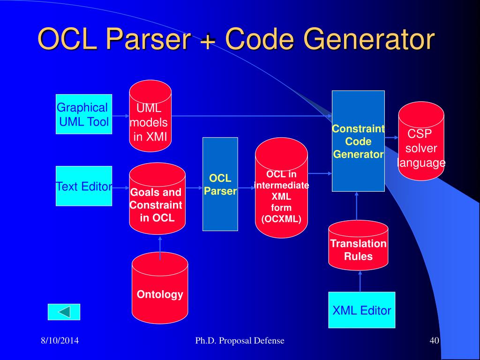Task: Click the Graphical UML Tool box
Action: (x=84, y=114)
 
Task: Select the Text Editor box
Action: (x=84, y=186)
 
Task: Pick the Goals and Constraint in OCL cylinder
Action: (x=157, y=199)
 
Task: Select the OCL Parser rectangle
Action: (x=220, y=184)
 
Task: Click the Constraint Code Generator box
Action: (x=358, y=141)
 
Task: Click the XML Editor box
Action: (x=361, y=310)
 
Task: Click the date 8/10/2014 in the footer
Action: (x=59, y=341)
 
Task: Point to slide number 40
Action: (x=434, y=341)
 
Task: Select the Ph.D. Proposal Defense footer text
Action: (x=240, y=341)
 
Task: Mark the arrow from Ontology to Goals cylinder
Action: (x=160, y=247)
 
